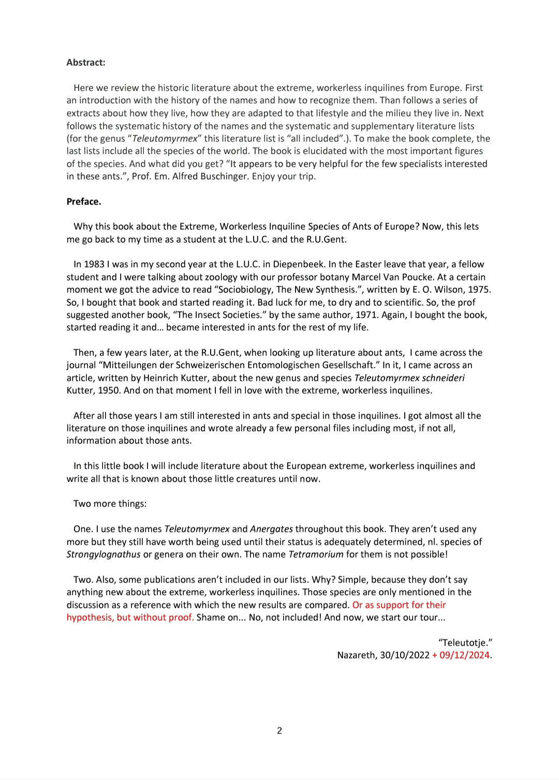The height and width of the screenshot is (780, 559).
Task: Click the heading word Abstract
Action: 85,63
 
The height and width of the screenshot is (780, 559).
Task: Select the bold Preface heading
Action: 83,202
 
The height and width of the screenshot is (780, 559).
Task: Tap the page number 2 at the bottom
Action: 279,730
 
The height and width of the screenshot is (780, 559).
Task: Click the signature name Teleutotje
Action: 464,643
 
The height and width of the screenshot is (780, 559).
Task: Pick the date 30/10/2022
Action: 405,655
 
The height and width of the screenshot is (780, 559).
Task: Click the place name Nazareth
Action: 356,655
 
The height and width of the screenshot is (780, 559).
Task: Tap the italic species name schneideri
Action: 443,378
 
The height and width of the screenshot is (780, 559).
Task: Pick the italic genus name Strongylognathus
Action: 104,554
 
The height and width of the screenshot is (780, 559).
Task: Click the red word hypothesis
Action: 90,618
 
